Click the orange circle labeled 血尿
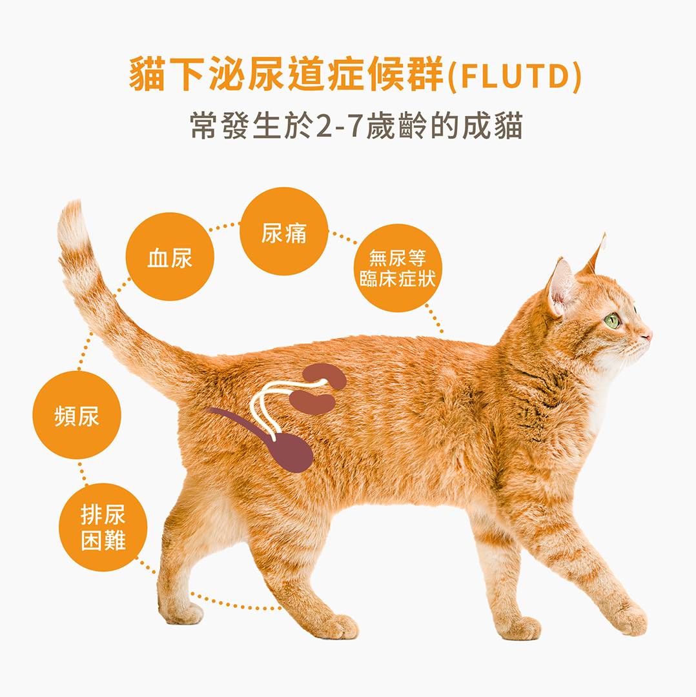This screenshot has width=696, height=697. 170,256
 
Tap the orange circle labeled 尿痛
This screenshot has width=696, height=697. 283,231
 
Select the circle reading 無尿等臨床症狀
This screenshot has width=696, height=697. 398,268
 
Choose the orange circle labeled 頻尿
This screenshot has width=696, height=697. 77,415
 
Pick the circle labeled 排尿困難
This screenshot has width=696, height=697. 103,527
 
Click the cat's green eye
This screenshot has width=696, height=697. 613,320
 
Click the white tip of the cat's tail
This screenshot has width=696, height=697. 71,222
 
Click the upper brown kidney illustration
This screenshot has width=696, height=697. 325,375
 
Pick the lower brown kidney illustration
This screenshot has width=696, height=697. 312,402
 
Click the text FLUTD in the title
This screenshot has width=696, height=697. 515,76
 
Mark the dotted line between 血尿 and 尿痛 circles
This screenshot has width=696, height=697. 225,227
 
